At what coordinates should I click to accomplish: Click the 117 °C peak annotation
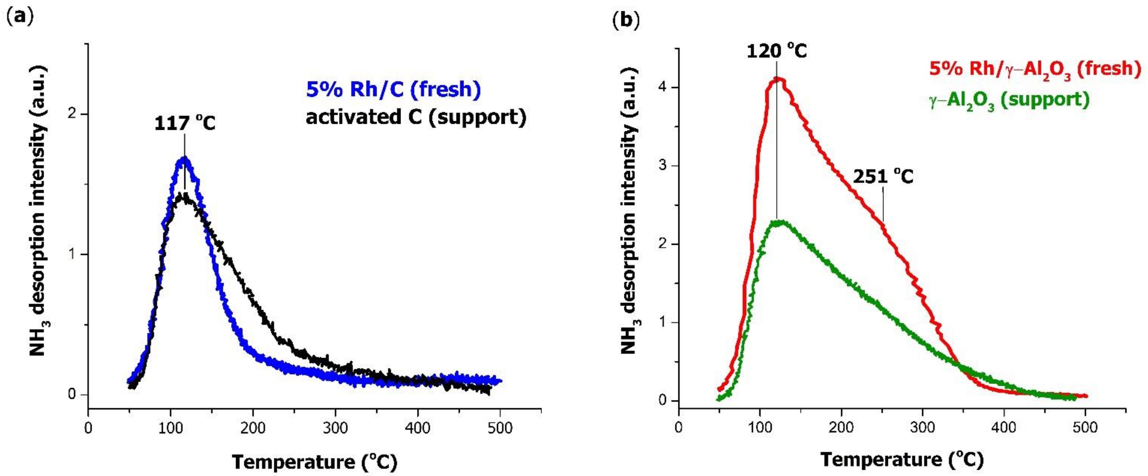pos(185,123)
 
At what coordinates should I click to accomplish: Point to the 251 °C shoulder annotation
pos(883,177)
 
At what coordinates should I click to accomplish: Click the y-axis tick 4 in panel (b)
pos(664,87)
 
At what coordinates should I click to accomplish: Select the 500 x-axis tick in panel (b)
pos(1085,428)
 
